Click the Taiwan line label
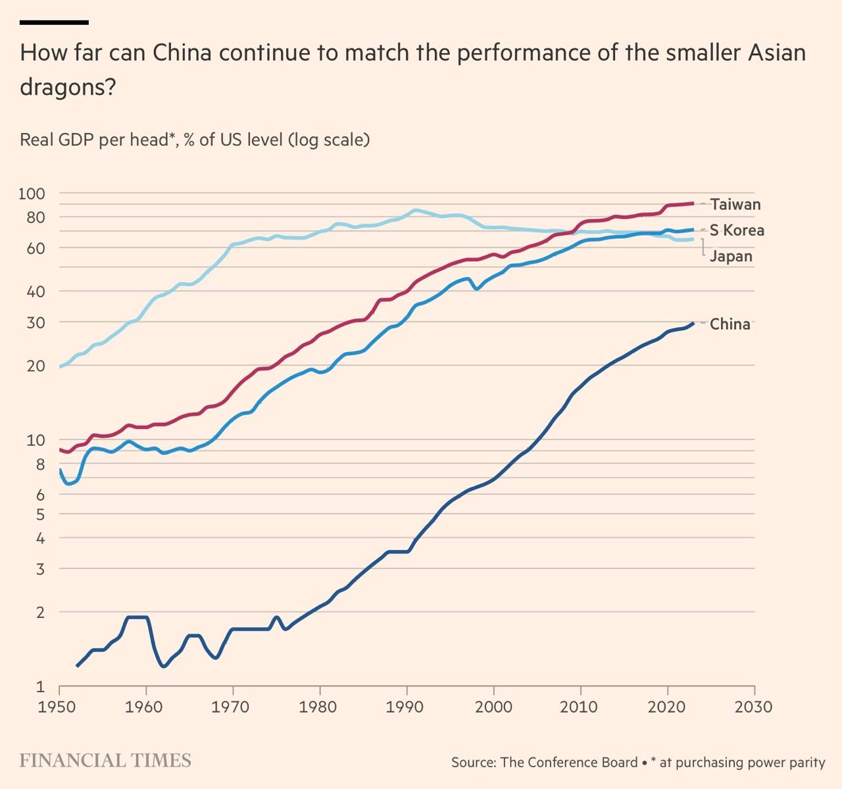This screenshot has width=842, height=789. tap(735, 205)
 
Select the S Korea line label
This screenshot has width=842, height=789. tap(737, 230)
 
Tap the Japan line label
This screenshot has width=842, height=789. tap(731, 257)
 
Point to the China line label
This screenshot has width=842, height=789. tap(730, 324)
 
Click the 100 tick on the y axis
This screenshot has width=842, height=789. tap(31, 193)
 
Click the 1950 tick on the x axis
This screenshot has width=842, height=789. tap(59, 707)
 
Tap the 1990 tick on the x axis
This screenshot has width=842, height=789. tap(407, 707)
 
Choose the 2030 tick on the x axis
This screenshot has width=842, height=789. tap(754, 707)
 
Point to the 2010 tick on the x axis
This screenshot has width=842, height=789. tap(580, 707)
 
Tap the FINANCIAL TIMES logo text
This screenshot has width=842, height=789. tap(105, 761)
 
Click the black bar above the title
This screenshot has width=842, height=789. tap(54, 22)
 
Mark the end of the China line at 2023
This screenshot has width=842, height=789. tap(693, 323)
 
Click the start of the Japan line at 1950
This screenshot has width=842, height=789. tap(60, 366)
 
